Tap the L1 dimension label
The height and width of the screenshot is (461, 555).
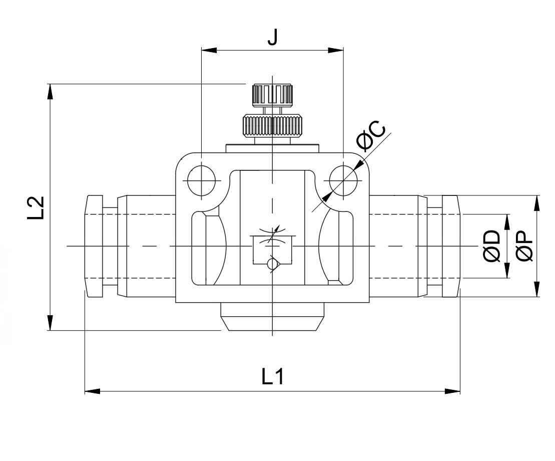click(273, 376)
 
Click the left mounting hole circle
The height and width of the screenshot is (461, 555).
click(201, 180)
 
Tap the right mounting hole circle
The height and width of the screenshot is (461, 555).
click(343, 180)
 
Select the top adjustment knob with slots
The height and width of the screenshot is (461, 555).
click(272, 95)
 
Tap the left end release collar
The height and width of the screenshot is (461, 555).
click(94, 247)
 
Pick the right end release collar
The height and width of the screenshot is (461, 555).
click(450, 247)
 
